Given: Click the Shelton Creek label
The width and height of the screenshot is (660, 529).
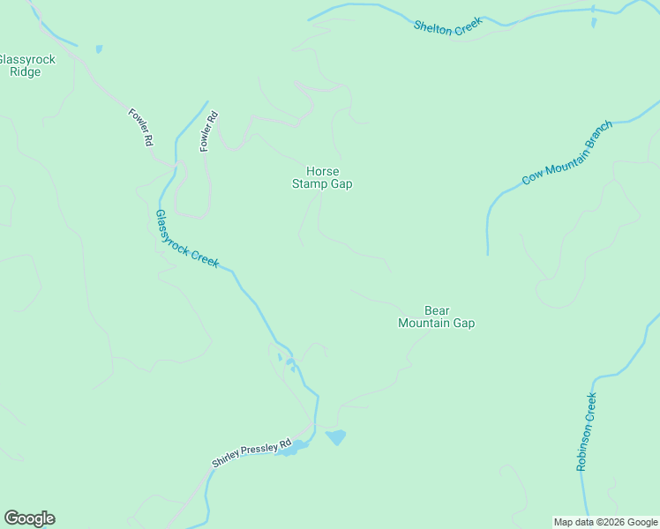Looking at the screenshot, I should [448, 26].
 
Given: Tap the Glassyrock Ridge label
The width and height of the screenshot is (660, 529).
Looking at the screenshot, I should [26, 66].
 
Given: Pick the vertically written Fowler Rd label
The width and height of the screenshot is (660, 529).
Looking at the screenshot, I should [207, 131].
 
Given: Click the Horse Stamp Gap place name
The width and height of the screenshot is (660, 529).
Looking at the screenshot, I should [322, 177].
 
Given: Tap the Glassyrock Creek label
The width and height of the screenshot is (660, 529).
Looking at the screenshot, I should [187, 238].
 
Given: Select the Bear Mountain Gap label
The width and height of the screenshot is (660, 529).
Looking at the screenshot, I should [437, 317].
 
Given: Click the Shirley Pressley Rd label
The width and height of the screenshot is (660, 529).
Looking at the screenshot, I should [251, 454].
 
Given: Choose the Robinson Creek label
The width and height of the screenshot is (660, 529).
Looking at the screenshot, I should [587, 432].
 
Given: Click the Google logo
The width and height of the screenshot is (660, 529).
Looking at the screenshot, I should [29, 518].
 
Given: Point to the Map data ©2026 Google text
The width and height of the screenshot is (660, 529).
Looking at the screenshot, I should [606, 522].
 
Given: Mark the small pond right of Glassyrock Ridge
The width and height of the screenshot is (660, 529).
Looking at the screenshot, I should [99, 48].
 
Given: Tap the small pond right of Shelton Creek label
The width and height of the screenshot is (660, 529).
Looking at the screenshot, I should [593, 21].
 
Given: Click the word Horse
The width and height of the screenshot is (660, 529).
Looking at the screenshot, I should [322, 171].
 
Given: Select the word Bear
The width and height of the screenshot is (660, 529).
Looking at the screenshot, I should [437, 310].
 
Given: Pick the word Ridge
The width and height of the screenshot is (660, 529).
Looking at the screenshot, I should [26, 72].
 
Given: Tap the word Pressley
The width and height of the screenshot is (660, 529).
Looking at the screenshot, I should [258, 451].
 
